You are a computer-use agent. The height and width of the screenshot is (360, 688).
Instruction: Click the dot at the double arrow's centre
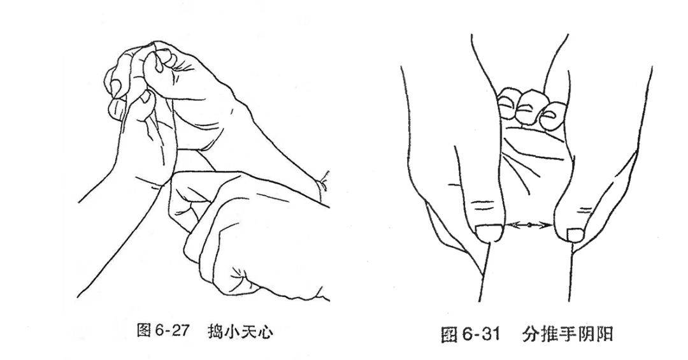(529, 226)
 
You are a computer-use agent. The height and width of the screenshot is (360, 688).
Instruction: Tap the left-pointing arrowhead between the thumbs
(511, 225)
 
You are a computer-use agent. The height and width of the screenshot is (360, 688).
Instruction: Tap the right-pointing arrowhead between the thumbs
(547, 226)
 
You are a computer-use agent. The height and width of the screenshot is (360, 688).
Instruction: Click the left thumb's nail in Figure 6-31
(489, 233)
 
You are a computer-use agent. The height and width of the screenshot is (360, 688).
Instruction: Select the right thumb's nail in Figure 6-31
(575, 235)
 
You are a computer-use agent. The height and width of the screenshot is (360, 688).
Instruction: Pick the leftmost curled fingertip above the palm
(508, 103)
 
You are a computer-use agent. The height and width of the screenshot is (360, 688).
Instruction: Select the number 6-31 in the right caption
(481, 335)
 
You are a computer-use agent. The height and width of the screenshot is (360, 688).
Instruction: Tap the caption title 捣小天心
(240, 331)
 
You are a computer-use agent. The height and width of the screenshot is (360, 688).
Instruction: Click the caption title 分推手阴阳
(567, 335)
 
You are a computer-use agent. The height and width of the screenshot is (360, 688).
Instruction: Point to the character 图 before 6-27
(145, 331)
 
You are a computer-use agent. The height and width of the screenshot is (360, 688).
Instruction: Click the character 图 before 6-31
(449, 335)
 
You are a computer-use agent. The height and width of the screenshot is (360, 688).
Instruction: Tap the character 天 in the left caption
(249, 331)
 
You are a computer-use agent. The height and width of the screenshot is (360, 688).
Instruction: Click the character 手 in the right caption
(567, 335)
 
